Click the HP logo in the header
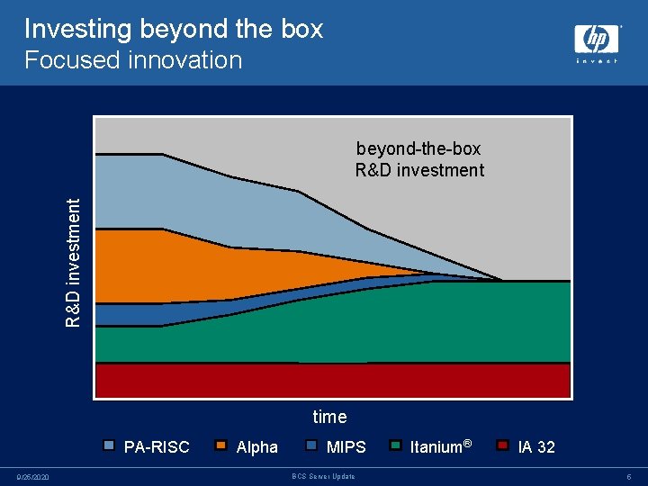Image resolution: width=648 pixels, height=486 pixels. (x=596, y=40)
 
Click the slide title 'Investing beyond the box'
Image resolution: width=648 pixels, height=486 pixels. (x=173, y=29)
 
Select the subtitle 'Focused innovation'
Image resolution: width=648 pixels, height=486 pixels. (x=133, y=60)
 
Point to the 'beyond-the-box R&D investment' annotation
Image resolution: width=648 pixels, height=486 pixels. (x=419, y=159)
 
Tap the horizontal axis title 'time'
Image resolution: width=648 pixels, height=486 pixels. (x=329, y=417)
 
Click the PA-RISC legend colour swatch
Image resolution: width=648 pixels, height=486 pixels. (x=110, y=445)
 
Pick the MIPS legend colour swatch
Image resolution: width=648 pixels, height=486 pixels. (x=312, y=445)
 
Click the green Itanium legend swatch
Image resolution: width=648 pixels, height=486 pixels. (x=396, y=445)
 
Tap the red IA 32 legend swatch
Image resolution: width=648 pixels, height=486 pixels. (x=503, y=445)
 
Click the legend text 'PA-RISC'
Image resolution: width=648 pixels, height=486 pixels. (x=157, y=447)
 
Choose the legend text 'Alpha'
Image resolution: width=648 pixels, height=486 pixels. (x=256, y=447)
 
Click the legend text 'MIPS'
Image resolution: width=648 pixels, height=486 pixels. (x=346, y=447)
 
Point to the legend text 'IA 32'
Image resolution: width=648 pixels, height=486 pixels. (x=536, y=447)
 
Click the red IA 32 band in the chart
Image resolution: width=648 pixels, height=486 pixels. (x=333, y=380)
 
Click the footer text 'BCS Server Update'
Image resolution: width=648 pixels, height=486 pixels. (x=324, y=476)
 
